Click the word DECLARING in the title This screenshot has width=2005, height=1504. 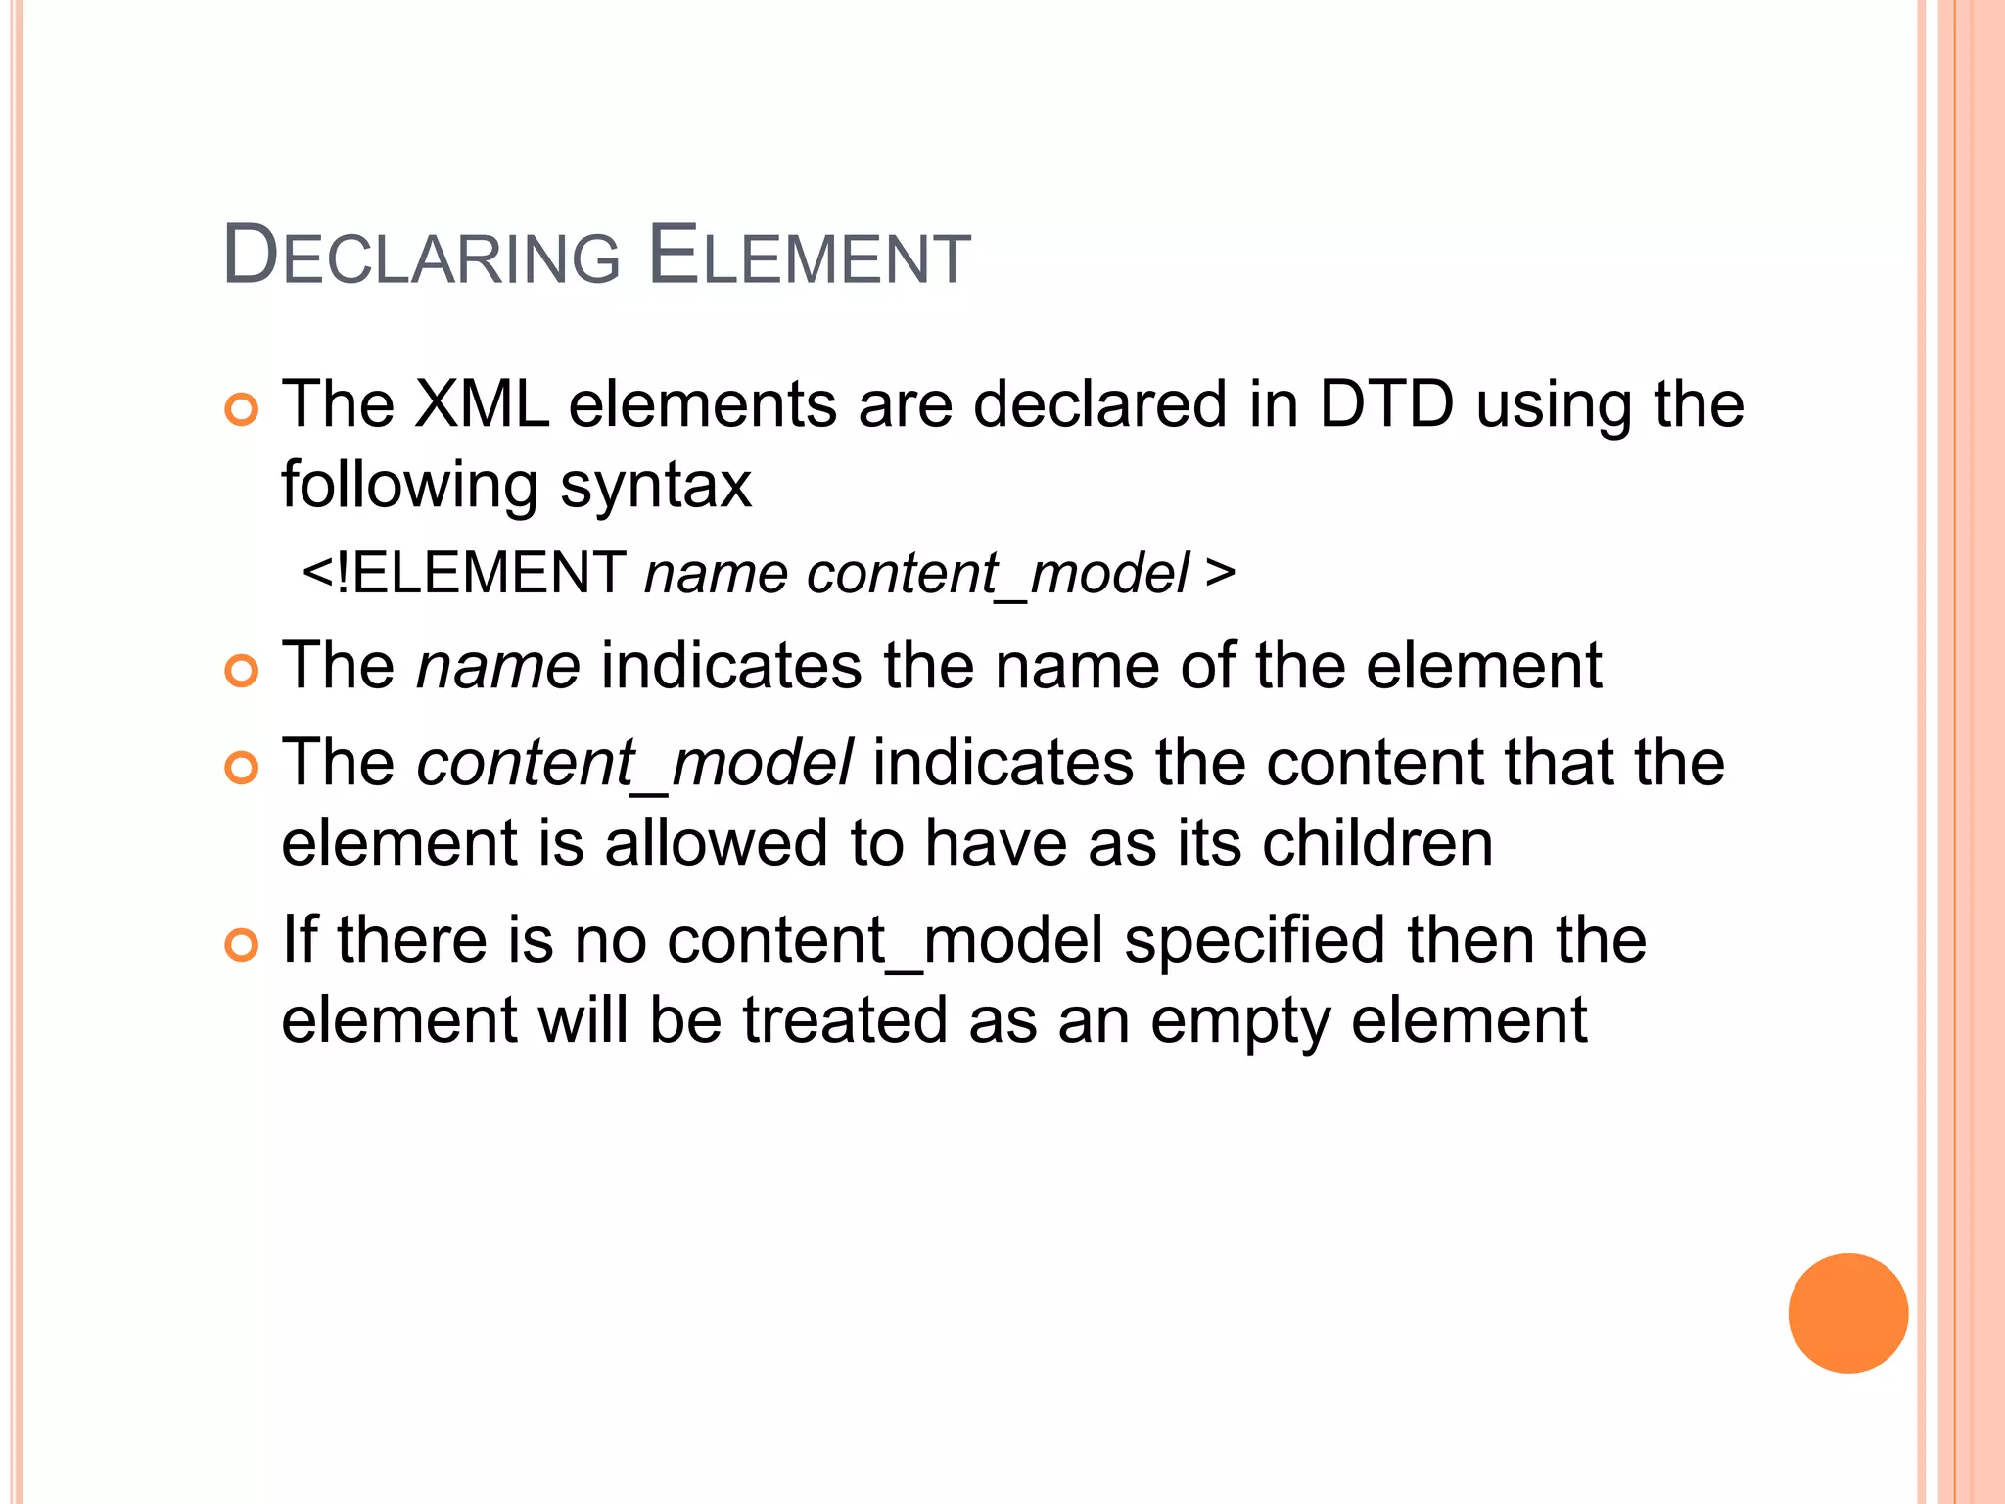pos(421,257)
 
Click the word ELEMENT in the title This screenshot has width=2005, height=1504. pos(809,257)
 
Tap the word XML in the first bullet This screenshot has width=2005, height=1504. pos(481,404)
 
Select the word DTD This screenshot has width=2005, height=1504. pos(1386,404)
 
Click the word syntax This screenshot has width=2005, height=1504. pos(656,486)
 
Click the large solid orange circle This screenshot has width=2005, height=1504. pos(1847,1313)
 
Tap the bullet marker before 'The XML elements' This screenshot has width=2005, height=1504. pos(241,408)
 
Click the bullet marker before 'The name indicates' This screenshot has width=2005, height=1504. pos(241,671)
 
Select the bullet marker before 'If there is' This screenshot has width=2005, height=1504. pos(241,945)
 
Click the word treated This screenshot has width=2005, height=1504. pos(845,1020)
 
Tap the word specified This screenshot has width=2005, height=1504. pos(1254,941)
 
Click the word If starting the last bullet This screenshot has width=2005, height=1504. pos(299,939)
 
